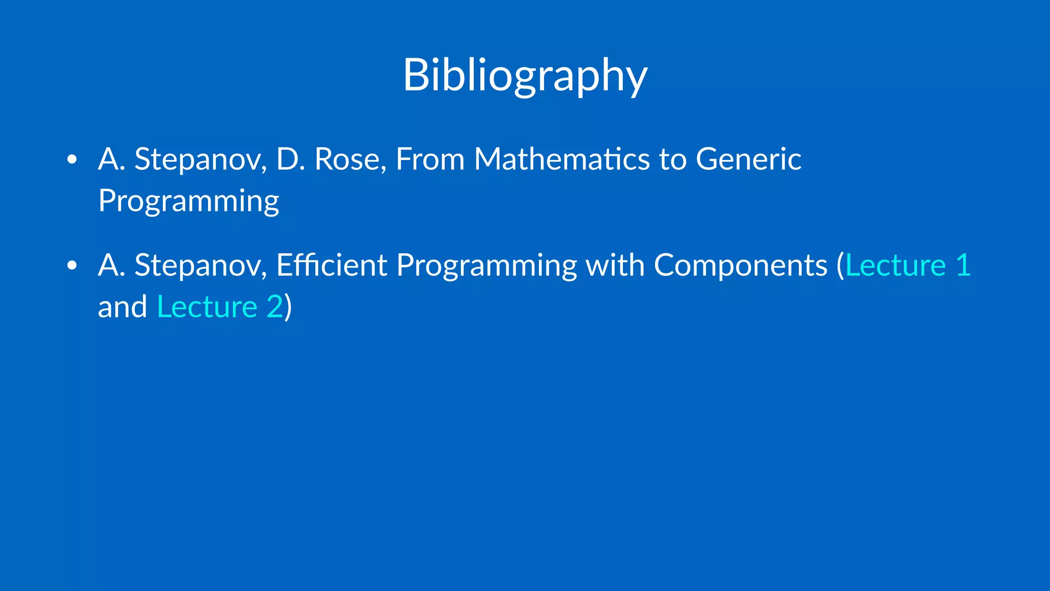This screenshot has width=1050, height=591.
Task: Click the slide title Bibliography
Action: tap(525, 76)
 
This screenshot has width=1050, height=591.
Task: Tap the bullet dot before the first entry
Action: tap(72, 160)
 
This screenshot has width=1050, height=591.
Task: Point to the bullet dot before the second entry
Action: tap(72, 266)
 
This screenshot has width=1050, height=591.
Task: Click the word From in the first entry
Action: tap(430, 159)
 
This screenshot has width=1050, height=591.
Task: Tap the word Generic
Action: tap(749, 159)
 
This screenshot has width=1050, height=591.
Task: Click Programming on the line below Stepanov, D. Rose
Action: tap(189, 201)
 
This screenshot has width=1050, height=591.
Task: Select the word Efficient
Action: tap(332, 265)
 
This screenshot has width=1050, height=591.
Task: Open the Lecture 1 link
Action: tap(908, 265)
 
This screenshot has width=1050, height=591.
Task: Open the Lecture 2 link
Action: tap(220, 307)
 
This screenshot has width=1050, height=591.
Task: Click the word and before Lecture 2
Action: tap(122, 307)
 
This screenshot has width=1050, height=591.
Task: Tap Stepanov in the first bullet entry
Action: tap(200, 160)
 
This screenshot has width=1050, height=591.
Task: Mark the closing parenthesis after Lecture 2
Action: tap(288, 307)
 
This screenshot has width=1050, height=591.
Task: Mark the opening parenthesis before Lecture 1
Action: tap(840, 265)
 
